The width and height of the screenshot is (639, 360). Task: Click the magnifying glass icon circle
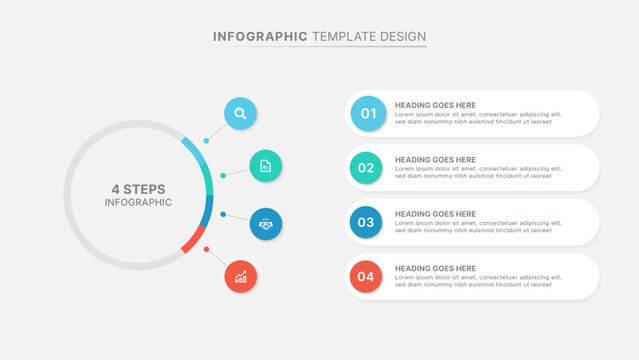pyautogui.click(x=240, y=113)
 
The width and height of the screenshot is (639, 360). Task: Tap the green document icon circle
pyautogui.click(x=265, y=166)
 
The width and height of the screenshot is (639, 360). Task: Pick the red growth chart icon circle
pyautogui.click(x=240, y=277)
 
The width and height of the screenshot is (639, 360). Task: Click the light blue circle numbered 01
pyautogui.click(x=367, y=114)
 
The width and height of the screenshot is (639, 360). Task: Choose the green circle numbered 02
pyautogui.click(x=366, y=168)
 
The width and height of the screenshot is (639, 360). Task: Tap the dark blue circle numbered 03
pyautogui.click(x=366, y=222)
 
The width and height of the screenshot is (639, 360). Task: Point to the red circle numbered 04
pyautogui.click(x=366, y=277)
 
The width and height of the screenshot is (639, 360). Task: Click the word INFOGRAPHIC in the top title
pyautogui.click(x=260, y=37)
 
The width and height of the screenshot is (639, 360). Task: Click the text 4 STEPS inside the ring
pyautogui.click(x=138, y=189)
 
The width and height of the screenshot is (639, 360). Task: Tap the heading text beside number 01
pyautogui.click(x=435, y=105)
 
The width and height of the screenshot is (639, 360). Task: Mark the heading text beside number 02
pyautogui.click(x=435, y=159)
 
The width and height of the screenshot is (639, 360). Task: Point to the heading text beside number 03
pyautogui.click(x=435, y=213)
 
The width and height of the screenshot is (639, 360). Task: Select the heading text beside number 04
pyautogui.click(x=435, y=268)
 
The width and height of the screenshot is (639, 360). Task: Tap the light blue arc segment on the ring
pyautogui.click(x=193, y=151)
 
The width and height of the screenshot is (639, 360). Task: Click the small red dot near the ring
pyautogui.click(x=206, y=249)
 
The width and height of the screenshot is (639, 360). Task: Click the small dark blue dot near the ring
pyautogui.click(x=222, y=214)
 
